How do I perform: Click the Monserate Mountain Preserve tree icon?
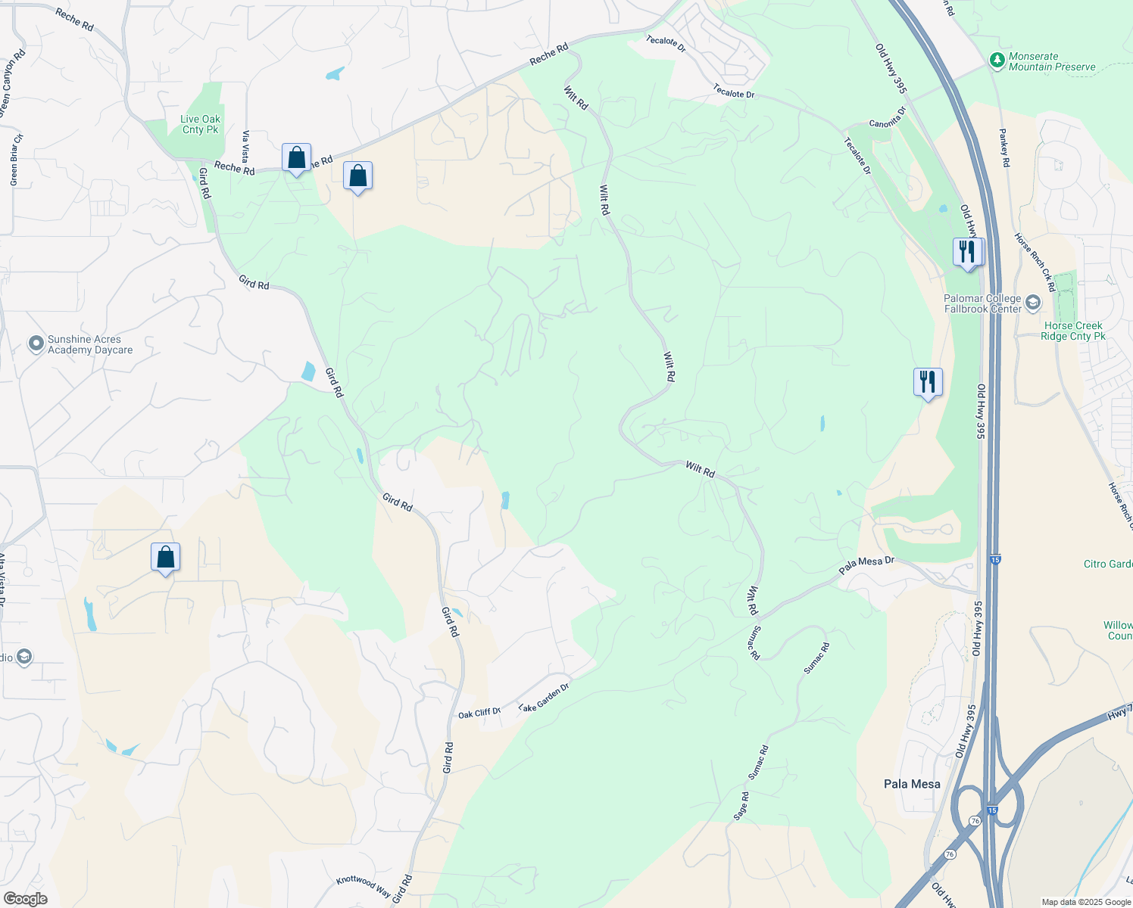(997, 59)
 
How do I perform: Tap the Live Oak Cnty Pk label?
(201, 124)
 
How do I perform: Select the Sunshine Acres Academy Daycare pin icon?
(36, 344)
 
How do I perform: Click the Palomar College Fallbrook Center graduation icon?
(1034, 303)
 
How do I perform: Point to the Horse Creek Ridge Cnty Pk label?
(1072, 331)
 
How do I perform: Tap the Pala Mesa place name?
(912, 784)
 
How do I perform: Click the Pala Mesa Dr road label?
(866, 564)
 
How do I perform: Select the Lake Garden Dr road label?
(543, 697)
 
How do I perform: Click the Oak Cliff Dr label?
(479, 713)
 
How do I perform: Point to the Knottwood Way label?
(364, 886)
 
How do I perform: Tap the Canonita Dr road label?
(887, 118)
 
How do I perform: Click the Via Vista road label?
(245, 147)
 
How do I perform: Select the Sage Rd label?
(741, 806)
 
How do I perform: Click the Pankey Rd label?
(1004, 148)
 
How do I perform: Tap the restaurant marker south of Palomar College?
(928, 382)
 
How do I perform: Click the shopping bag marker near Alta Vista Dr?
(165, 558)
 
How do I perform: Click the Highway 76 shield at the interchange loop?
(975, 821)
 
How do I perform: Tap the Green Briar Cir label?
(14, 160)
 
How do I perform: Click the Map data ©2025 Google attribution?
(1086, 902)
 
